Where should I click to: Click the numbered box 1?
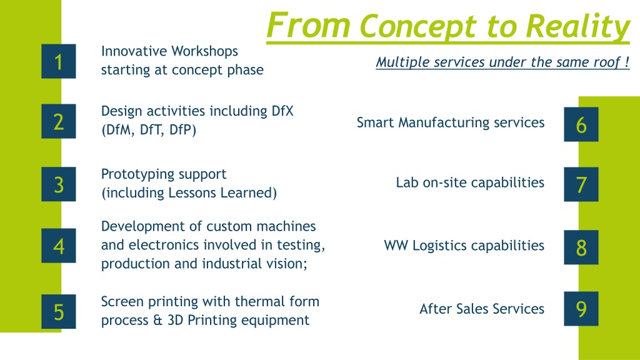[58, 61]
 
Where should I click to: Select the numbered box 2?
[58, 121]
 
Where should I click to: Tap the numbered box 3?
[58, 184]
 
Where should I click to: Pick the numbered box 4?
[58, 246]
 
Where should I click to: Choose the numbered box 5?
[58, 311]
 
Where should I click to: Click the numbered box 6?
[581, 124]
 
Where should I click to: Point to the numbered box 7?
[581, 184]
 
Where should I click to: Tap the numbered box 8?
[581, 247]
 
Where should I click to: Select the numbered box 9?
[581, 309]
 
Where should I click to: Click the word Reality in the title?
[577, 27]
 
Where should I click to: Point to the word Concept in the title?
[419, 27]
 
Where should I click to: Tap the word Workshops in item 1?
[204, 51]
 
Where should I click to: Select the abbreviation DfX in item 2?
[282, 111]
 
